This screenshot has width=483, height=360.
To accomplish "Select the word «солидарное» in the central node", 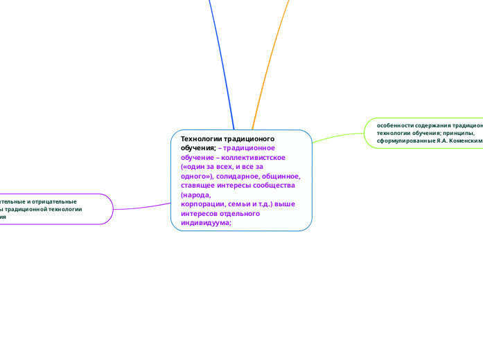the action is pos(239,176).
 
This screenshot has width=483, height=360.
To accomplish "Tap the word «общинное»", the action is pos(282,176).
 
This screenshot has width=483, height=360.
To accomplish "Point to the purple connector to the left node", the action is pos(142,206).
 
